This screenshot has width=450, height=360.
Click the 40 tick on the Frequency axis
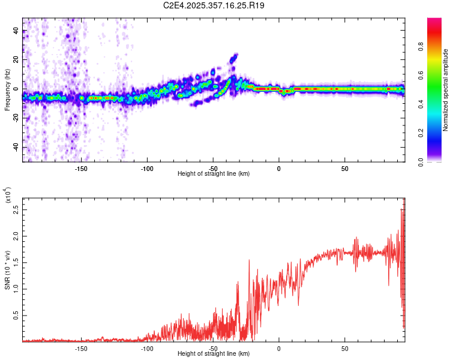17,31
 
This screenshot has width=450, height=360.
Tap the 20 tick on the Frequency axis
17,60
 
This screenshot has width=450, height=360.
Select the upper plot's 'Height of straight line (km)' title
214,173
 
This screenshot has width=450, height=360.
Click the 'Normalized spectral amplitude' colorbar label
446,90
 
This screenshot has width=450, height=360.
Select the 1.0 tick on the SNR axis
17,288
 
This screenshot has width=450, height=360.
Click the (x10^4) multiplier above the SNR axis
8,196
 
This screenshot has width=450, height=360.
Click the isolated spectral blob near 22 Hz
233,58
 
